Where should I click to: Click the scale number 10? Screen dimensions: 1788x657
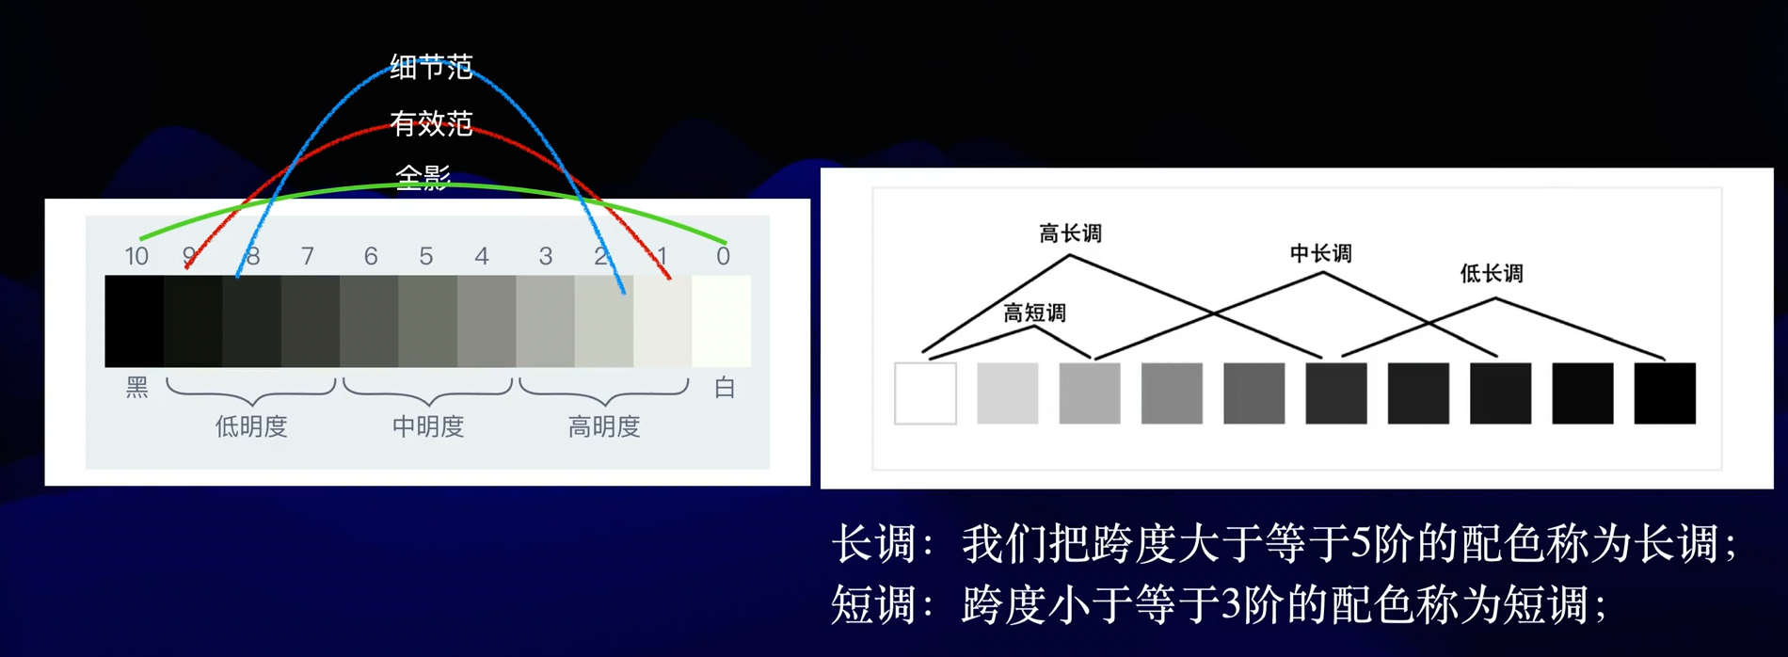pyautogui.click(x=136, y=256)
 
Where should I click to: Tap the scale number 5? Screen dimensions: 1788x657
pyautogui.click(x=426, y=256)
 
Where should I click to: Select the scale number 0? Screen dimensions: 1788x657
pyautogui.click(x=723, y=256)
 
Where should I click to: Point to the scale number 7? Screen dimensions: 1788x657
pyautogui.click(x=308, y=256)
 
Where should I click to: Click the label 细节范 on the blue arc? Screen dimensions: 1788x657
pyautogui.click(x=431, y=67)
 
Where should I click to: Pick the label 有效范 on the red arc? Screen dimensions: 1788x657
pyautogui.click(x=431, y=123)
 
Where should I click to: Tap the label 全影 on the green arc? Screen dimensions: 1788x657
pyautogui.click(x=423, y=177)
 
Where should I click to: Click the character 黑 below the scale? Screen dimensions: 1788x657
pyautogui.click(x=137, y=388)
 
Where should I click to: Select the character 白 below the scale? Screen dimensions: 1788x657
pyautogui.click(x=725, y=388)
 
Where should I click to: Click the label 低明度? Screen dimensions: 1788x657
pyautogui.click(x=251, y=426)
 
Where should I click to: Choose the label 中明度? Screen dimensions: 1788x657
pyautogui.click(x=428, y=426)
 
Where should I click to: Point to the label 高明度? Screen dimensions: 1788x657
pyautogui.click(x=604, y=426)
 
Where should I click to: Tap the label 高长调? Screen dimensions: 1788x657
pyautogui.click(x=1070, y=233)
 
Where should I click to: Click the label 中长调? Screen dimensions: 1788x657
pyautogui.click(x=1320, y=253)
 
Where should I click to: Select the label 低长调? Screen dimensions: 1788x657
pyautogui.click(x=1492, y=273)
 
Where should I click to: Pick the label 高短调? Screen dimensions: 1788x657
pyautogui.click(x=1034, y=312)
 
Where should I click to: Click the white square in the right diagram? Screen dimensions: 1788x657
pyautogui.click(x=925, y=393)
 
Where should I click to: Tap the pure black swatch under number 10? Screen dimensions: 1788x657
pyautogui.click(x=135, y=321)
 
